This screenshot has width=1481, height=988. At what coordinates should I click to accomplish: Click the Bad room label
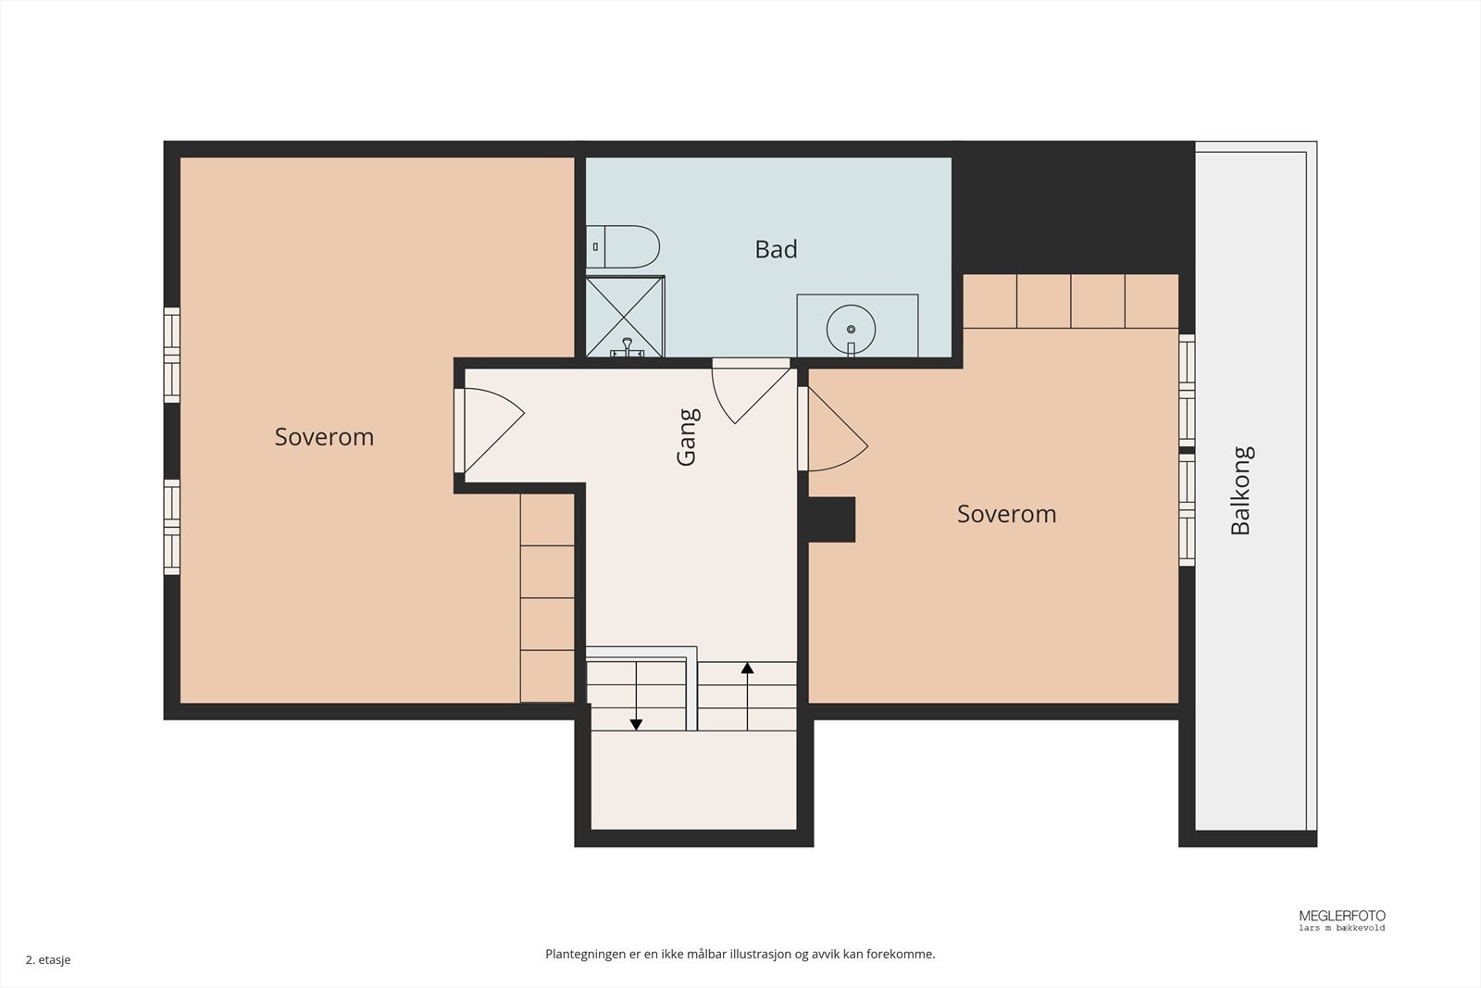[777, 249]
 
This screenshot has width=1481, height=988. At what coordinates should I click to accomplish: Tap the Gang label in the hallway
[688, 437]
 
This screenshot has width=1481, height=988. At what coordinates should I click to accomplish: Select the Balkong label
[1241, 490]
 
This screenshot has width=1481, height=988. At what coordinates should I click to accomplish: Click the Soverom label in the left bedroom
[324, 436]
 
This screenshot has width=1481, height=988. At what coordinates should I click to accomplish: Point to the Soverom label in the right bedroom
[1006, 514]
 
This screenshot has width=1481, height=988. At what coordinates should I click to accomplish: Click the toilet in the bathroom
[623, 246]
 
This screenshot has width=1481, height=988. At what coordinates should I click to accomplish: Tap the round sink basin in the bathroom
[851, 330]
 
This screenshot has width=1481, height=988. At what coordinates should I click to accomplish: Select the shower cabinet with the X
[625, 317]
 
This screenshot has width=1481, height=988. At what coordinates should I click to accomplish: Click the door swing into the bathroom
[751, 395]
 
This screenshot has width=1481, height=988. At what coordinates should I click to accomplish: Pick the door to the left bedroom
[490, 431]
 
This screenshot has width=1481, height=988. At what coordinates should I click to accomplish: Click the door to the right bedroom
[834, 429]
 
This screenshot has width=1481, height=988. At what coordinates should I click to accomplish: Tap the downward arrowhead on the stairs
[636, 725]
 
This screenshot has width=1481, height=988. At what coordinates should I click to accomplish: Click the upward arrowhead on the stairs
[747, 668]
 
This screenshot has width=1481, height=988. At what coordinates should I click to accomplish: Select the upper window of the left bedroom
[172, 355]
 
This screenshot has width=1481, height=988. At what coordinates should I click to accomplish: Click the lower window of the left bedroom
[172, 527]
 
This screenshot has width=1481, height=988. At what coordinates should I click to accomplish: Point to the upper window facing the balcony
[1187, 390]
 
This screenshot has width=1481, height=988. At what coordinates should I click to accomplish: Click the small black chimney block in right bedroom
[832, 519]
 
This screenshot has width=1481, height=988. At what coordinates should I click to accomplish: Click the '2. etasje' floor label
[48, 959]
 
